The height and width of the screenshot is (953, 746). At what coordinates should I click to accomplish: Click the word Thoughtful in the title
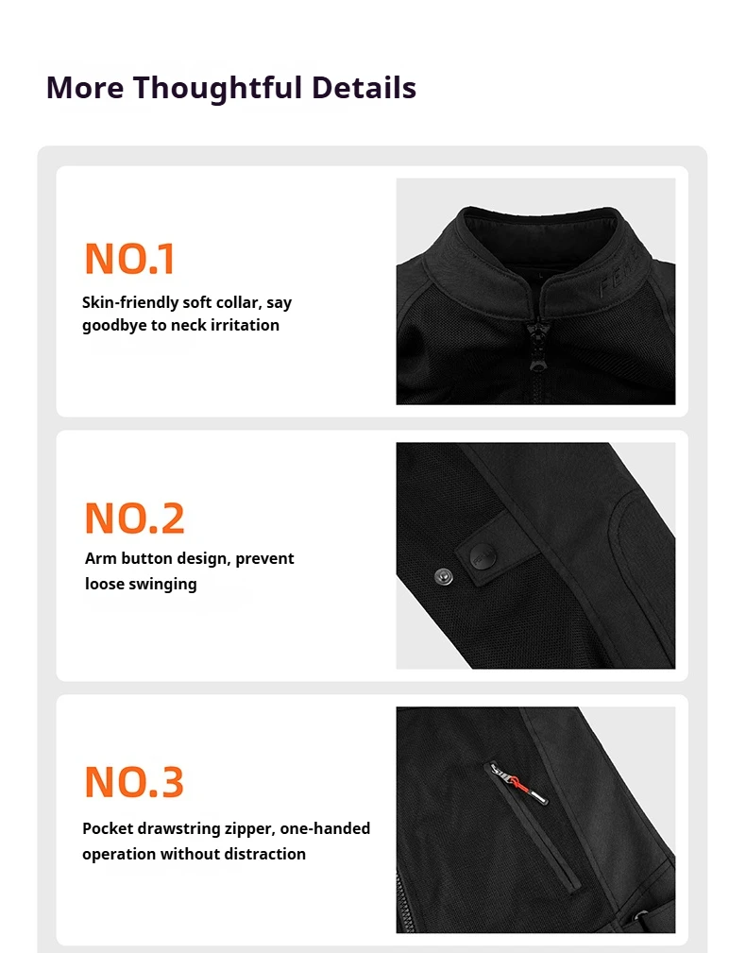[217, 88]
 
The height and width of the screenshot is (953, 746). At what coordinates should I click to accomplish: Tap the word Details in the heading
[364, 87]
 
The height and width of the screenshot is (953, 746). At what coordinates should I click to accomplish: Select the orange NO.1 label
[130, 258]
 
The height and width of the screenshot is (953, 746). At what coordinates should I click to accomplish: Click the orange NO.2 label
[134, 518]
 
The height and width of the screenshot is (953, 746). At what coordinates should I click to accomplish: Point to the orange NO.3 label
[134, 782]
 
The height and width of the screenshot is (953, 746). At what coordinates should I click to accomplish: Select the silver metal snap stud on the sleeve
[444, 576]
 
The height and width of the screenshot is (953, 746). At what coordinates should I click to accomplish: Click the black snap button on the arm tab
[483, 555]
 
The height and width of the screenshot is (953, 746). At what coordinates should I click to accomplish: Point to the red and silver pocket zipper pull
[519, 783]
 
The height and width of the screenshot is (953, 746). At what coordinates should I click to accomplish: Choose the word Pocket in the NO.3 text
[108, 828]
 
